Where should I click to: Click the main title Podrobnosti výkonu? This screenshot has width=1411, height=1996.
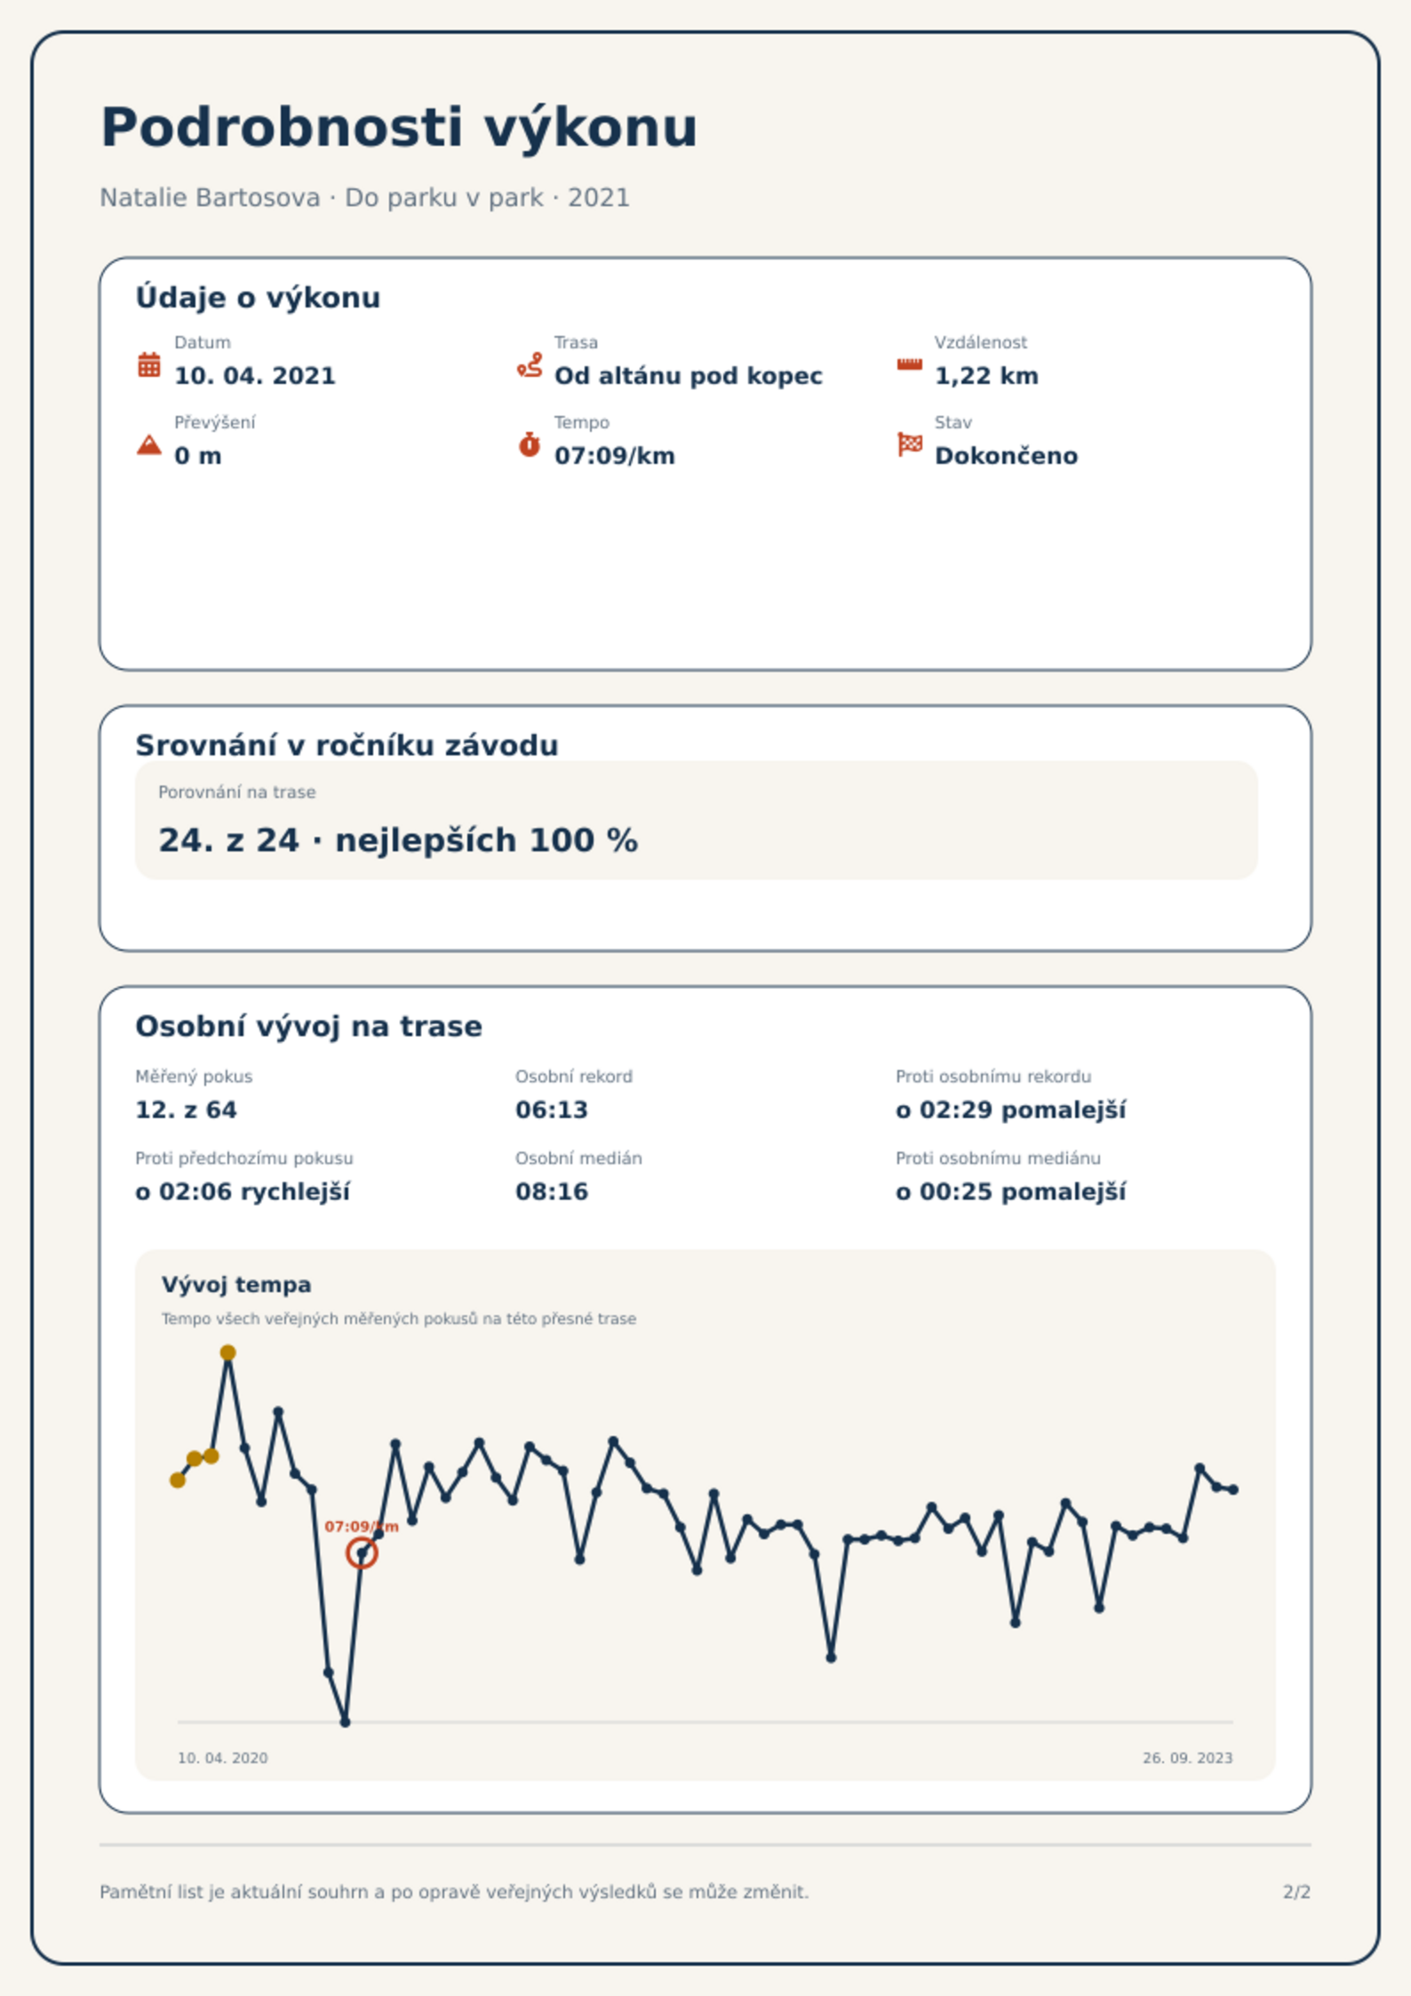[x=399, y=128]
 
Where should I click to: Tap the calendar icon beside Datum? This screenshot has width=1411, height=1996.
[x=149, y=364]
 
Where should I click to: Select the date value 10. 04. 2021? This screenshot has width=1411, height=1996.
[x=255, y=376]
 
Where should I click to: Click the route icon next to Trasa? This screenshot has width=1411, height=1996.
[x=530, y=364]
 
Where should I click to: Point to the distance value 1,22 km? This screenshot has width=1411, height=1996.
[x=986, y=376]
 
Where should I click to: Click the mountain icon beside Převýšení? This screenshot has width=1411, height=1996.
[x=149, y=444]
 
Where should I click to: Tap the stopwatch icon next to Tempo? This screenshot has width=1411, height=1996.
[x=530, y=444]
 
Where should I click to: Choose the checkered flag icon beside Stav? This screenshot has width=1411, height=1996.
[x=910, y=444]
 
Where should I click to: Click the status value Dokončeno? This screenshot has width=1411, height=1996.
[x=1006, y=456]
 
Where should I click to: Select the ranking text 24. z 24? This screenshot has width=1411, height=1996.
[x=229, y=840]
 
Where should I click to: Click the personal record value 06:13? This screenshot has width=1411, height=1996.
[x=552, y=1110]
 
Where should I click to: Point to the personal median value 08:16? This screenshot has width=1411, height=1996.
[x=552, y=1192]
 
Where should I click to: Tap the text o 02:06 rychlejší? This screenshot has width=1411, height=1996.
[x=243, y=1192]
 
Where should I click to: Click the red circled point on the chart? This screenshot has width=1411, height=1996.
[x=362, y=1553]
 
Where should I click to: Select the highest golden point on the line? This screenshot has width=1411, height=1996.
[x=227, y=1353]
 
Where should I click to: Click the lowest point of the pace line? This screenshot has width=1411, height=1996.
[x=345, y=1722]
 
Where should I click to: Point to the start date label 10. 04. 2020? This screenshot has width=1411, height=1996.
[x=222, y=1758]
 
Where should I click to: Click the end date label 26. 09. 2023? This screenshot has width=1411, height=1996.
[x=1187, y=1758]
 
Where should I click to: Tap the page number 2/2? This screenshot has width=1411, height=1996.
[x=1296, y=1892]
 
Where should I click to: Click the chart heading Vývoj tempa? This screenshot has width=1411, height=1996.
[x=236, y=1285]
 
